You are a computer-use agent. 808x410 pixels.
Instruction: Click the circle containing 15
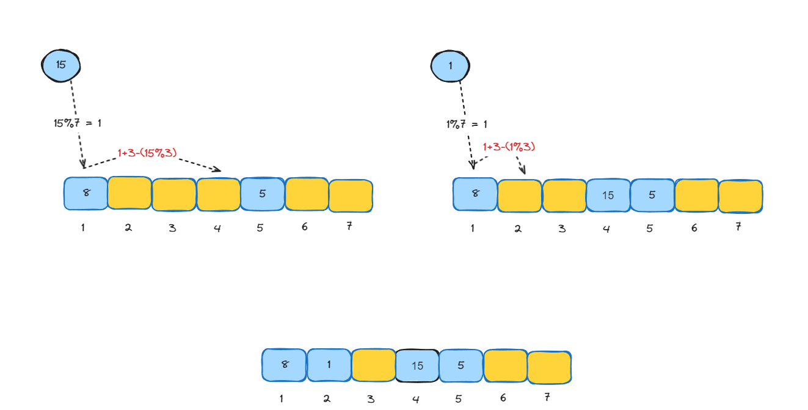click(61, 64)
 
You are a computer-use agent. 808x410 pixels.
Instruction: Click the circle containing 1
click(450, 65)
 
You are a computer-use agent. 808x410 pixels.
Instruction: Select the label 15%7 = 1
click(78, 123)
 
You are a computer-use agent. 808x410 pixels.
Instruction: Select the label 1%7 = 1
click(467, 124)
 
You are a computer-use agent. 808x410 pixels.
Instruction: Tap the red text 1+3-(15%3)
click(147, 152)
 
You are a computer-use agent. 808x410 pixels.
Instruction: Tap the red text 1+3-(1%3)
click(509, 147)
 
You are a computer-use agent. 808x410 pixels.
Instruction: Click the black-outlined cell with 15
click(417, 365)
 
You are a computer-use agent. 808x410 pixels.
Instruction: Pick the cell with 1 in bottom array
click(329, 365)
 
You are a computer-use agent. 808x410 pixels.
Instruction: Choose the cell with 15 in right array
click(608, 196)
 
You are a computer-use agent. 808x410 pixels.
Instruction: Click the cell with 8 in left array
click(86, 193)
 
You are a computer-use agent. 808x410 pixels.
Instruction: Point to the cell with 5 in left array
click(262, 194)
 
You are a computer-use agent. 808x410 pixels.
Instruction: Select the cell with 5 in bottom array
click(461, 365)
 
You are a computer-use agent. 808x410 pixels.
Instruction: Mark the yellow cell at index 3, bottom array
click(373, 365)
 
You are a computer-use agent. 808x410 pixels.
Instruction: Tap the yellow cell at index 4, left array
click(218, 194)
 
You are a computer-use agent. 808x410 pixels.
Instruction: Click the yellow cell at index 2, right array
click(519, 196)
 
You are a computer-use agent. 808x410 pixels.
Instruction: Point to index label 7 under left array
click(349, 226)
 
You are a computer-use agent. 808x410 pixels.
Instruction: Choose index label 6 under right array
click(694, 228)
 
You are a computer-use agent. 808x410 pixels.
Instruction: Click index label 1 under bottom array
click(281, 398)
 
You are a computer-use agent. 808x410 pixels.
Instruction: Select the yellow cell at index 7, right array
click(740, 196)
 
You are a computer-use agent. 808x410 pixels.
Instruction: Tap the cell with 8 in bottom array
click(284, 365)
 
